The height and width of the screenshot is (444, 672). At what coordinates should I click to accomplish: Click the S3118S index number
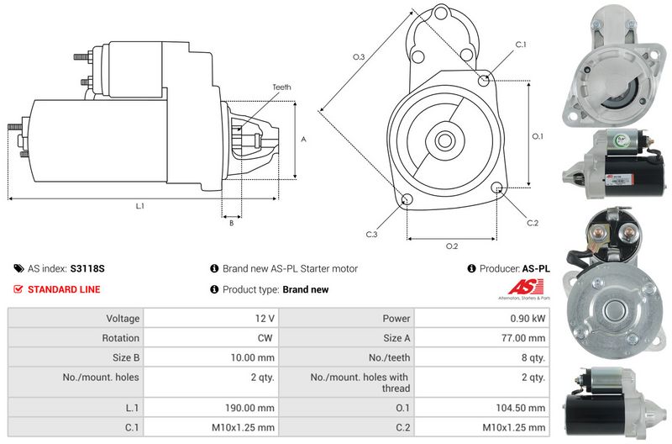click(88, 269)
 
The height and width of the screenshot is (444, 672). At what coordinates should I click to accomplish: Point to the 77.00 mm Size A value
click(525, 338)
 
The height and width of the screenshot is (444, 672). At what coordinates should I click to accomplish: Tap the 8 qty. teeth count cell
click(532, 357)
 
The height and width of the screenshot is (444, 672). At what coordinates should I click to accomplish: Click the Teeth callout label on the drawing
click(281, 87)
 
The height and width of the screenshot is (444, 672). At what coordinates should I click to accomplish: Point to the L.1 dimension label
click(140, 206)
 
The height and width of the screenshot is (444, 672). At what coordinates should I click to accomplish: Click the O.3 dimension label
click(358, 57)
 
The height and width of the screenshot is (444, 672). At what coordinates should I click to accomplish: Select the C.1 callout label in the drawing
click(520, 44)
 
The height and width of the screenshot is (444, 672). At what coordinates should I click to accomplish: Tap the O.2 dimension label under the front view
click(451, 246)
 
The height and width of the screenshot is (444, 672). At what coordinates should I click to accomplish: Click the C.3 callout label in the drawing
click(370, 234)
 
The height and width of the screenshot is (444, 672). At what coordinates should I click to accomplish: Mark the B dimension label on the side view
click(230, 223)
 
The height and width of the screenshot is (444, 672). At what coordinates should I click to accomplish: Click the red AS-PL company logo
click(522, 289)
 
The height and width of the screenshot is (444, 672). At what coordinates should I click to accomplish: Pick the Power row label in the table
click(396, 319)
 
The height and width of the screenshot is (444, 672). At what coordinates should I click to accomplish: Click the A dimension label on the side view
click(303, 140)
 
